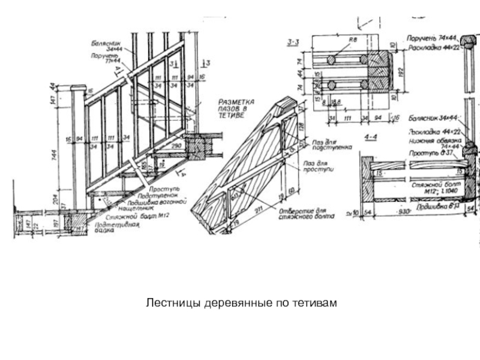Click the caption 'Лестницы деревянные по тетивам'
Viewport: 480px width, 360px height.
pyautogui.click(x=240, y=302)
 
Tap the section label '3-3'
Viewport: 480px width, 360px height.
pyautogui.click(x=294, y=41)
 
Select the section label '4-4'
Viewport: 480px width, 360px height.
pyautogui.click(x=372, y=136)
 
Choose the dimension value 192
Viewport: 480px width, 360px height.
pyautogui.click(x=400, y=71)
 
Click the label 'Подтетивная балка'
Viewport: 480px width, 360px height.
pyautogui.click(x=121, y=227)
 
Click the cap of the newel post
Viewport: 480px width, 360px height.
pyautogui.click(x=77, y=88)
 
